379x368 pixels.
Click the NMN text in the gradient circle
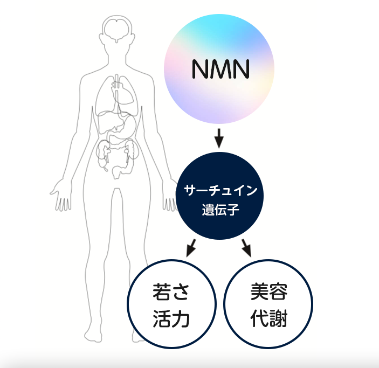click(220, 69)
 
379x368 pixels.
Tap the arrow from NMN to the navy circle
click(219, 138)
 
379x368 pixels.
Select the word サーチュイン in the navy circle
click(220, 190)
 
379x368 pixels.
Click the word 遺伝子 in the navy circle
click(220, 209)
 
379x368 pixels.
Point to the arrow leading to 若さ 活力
click(191, 248)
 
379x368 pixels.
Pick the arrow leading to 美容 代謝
click(246, 248)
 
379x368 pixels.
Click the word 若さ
click(171, 291)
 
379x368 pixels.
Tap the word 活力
click(171, 318)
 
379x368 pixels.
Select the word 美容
click(269, 291)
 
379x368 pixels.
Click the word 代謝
click(269, 318)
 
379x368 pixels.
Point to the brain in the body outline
click(117, 29)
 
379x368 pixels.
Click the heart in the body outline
click(124, 93)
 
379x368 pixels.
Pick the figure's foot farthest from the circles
click(93, 335)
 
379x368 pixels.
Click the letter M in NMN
click(220, 69)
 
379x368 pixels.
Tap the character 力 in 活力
click(181, 318)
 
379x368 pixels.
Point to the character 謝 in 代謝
click(278, 318)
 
